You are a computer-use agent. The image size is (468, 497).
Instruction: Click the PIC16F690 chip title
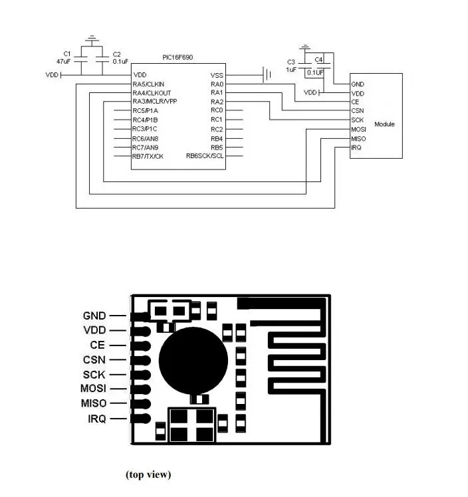(177, 57)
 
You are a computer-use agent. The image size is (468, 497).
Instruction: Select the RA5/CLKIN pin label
(148, 84)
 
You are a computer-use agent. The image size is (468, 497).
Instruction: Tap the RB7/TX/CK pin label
(148, 156)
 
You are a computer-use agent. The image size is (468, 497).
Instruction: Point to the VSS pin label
(217, 76)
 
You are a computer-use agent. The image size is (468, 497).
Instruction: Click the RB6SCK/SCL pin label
(205, 156)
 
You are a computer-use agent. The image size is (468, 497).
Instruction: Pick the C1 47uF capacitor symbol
(81, 59)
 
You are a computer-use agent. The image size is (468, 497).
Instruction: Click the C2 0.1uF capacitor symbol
(102, 59)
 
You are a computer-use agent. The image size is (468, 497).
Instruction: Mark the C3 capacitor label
(291, 62)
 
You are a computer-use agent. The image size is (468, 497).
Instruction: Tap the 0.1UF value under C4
(315, 72)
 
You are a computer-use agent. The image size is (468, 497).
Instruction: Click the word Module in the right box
(384, 124)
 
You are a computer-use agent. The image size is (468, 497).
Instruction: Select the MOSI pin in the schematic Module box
(358, 130)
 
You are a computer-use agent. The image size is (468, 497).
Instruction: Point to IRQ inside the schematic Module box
(356, 148)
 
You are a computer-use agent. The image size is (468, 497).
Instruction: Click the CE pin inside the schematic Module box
(355, 102)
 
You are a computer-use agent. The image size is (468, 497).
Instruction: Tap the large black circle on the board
(193, 361)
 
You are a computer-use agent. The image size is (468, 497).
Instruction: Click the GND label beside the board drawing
(94, 316)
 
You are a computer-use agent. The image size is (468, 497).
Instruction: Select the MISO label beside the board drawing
(94, 403)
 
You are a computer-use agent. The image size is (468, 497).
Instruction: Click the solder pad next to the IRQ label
(140, 419)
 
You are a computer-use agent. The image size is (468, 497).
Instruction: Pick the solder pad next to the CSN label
(140, 360)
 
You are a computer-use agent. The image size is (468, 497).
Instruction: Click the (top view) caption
(148, 474)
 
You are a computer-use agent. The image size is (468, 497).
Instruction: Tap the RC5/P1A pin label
(145, 110)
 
